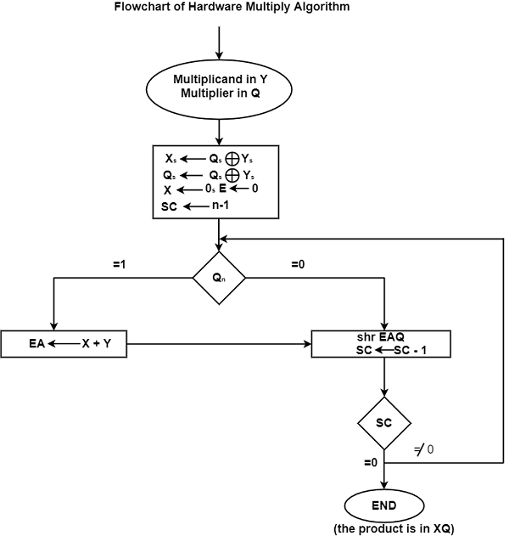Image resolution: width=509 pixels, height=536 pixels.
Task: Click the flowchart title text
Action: [219, 8]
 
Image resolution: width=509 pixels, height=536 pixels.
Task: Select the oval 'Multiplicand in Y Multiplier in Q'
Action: [219, 87]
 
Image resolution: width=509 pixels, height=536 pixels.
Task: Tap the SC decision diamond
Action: [384, 422]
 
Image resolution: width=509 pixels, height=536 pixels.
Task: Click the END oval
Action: [384, 507]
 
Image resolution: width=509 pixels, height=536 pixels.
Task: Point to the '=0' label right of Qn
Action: [299, 265]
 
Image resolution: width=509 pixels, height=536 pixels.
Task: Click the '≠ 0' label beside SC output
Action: [425, 449]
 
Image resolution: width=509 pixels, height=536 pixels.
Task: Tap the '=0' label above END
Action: [369, 462]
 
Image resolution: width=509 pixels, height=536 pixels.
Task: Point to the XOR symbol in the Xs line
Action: [231, 158]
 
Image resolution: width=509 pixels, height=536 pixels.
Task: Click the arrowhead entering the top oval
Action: [219, 54]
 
